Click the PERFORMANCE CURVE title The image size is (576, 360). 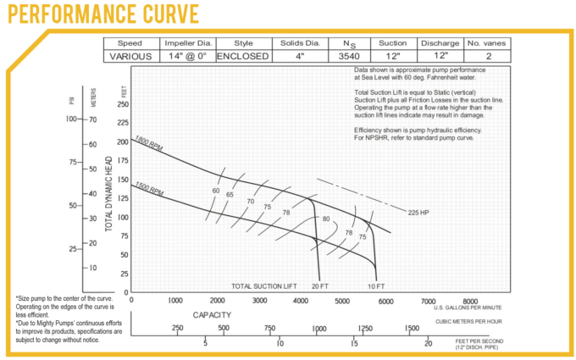click(x=102, y=14)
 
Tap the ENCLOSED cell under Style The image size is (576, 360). click(x=242, y=57)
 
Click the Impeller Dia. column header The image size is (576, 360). click(x=186, y=43)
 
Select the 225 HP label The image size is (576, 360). click(x=419, y=212)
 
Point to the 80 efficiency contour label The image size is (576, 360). click(x=325, y=219)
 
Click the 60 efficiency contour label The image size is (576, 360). click(x=216, y=191)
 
